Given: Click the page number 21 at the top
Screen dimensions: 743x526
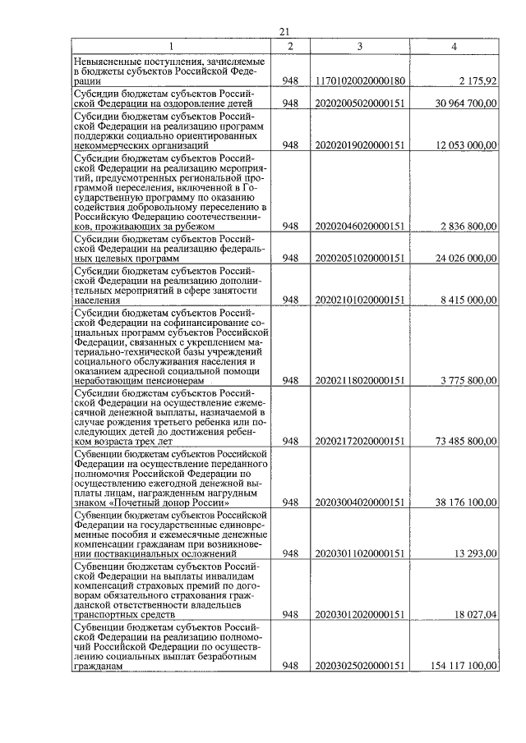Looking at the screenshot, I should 284,31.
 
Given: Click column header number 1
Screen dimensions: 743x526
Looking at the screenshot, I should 172,46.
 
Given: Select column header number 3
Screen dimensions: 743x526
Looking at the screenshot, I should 360,46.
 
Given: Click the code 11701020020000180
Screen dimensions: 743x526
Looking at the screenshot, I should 360,82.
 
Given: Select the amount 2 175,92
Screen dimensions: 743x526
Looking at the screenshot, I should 475,82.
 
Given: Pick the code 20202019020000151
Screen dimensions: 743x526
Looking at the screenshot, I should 360,145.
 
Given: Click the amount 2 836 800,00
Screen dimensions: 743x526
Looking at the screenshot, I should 467,226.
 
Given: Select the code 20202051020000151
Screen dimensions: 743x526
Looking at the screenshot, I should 360,258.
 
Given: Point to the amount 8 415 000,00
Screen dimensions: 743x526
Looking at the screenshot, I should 467,300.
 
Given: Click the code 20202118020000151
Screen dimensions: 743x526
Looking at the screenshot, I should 360,380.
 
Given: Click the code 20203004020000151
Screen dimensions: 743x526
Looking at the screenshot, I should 360,502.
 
